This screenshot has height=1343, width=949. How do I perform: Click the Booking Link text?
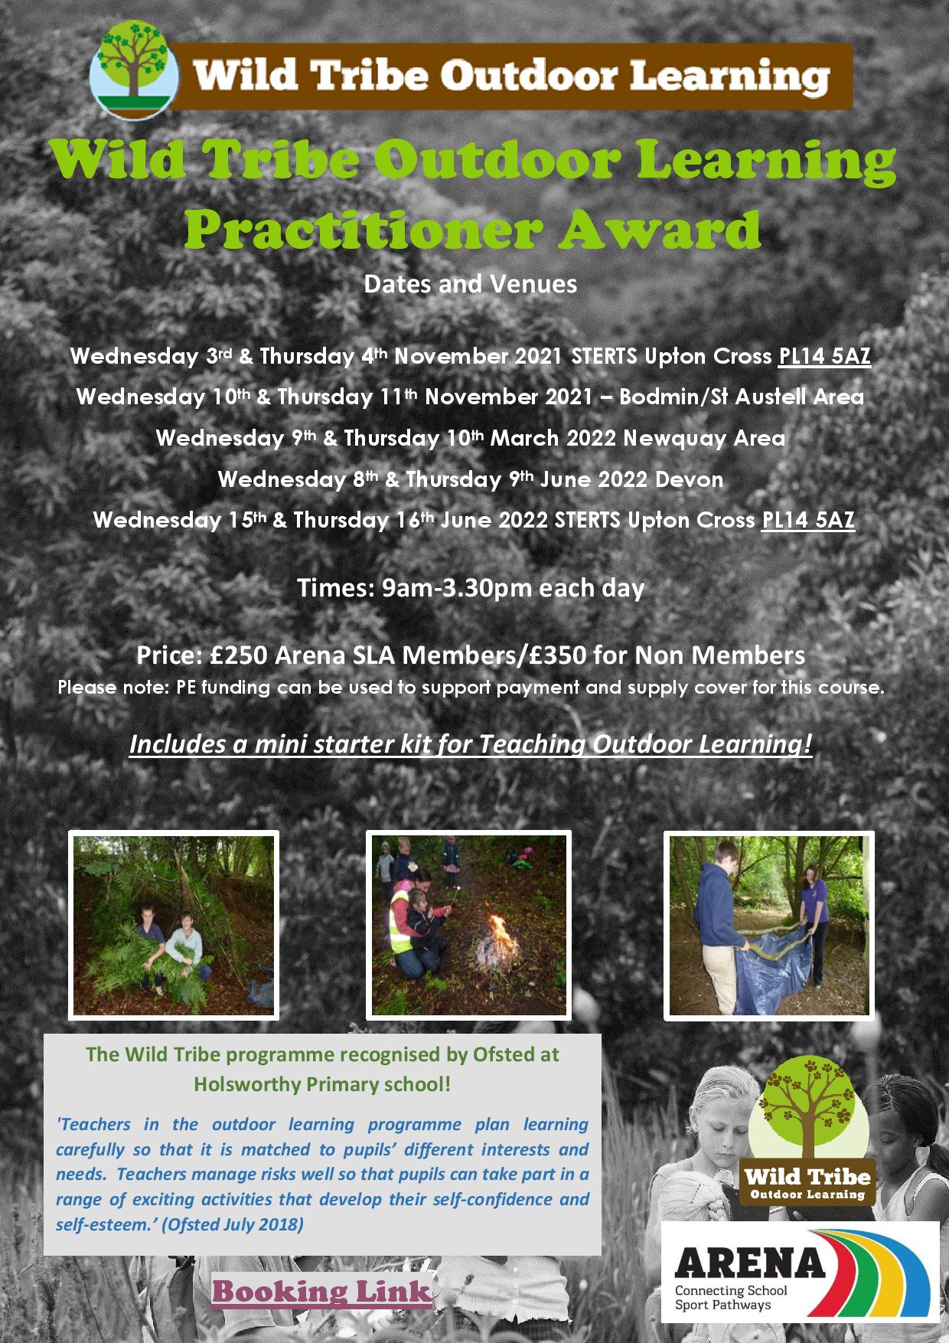321,1292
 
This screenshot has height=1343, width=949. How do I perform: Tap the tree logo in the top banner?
135,71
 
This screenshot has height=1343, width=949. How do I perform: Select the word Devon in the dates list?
689,479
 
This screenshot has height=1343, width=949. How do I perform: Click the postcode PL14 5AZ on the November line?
824,356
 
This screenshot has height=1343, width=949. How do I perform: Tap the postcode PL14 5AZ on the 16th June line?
808,520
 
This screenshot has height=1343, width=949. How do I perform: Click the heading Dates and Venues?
470,284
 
